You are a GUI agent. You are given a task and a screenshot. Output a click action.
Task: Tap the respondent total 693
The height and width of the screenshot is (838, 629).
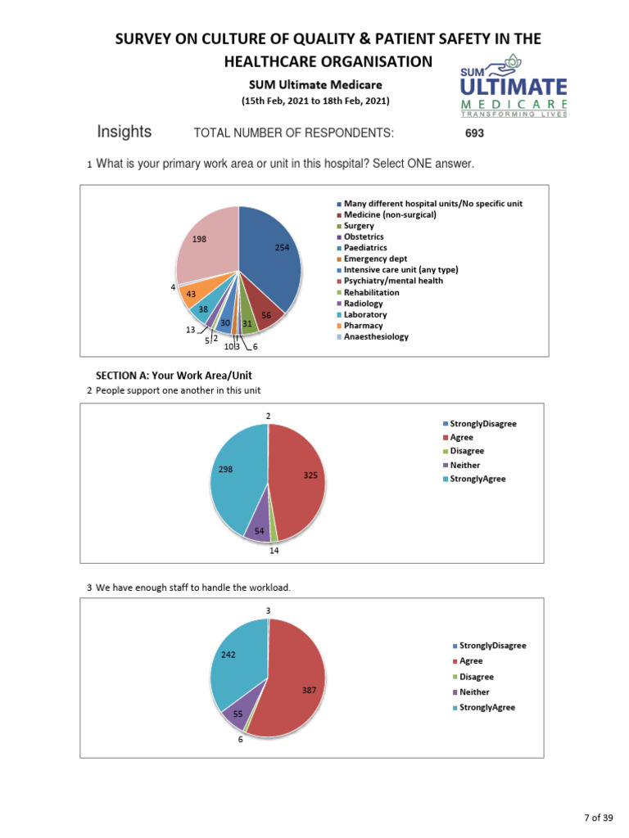coord(475,133)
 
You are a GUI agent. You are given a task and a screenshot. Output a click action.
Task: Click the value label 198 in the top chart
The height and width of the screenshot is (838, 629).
coord(199,239)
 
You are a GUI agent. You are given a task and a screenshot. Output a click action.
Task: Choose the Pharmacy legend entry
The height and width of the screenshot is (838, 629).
coord(363,326)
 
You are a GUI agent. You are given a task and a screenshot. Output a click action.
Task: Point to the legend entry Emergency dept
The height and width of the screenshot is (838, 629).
coord(375,259)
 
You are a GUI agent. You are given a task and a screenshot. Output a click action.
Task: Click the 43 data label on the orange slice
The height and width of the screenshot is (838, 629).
coord(191,294)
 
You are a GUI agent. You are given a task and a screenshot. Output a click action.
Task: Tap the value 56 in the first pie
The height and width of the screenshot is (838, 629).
coord(267,315)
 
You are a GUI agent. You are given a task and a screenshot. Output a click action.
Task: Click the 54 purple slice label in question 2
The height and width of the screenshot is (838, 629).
coord(259,531)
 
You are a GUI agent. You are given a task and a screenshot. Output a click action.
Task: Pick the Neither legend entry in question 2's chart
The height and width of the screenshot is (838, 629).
coord(465,465)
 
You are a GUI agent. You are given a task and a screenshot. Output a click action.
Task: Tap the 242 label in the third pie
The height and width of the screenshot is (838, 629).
coord(229,655)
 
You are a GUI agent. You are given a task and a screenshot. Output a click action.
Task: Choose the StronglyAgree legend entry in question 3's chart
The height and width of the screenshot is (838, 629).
coord(487,707)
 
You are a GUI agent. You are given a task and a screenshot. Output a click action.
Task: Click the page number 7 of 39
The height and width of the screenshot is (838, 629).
coord(598,818)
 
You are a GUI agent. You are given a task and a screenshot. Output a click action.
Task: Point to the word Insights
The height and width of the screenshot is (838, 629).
coord(124,132)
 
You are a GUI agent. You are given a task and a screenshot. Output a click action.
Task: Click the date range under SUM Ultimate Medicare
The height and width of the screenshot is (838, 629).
coord(315,101)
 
